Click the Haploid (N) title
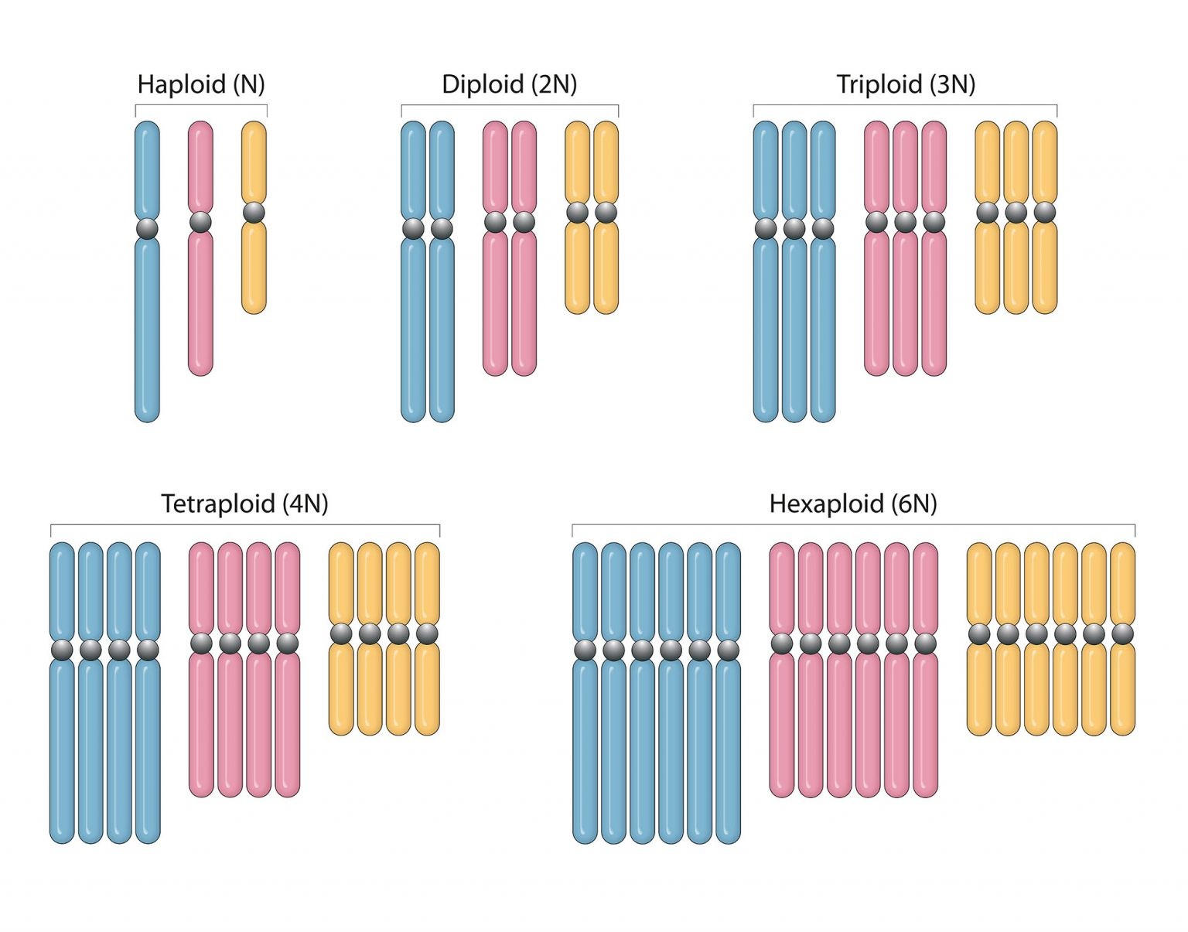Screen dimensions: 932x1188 coord(201,84)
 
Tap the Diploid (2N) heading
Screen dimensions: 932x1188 coord(509,84)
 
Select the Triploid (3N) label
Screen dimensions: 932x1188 coord(906,84)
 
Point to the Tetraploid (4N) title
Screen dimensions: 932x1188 coord(244,504)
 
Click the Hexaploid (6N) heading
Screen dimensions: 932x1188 coord(853,504)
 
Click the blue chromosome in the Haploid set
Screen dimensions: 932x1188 coord(147,325)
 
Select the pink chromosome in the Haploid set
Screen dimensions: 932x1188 coord(200,302)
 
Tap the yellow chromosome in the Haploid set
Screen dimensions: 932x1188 coord(254,263)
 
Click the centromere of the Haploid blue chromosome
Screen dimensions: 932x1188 coord(147,229)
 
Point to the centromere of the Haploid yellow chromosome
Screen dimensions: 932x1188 coord(254,212)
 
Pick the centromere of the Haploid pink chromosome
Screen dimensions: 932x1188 coord(200,222)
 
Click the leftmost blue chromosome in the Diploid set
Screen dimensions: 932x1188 coord(413,325)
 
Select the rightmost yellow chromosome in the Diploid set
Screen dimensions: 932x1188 coord(606,263)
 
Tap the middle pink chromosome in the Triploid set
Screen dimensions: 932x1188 coord(905,302)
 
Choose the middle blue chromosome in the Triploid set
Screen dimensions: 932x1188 coord(794,325)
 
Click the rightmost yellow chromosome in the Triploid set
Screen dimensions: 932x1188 coord(1045,263)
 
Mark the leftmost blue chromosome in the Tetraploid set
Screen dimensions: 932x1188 coord(62,743)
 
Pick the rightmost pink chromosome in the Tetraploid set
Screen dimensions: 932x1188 coord(287,719)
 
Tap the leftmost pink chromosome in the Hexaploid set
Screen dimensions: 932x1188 coord(782,719)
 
